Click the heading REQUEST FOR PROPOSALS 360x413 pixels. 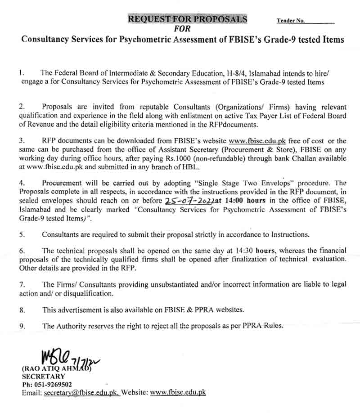click(x=188, y=19)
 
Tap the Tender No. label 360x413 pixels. click(x=291, y=21)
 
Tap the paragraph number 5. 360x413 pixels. click(x=22, y=234)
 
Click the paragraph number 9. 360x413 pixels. click(x=22, y=326)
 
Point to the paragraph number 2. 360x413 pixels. click(x=22, y=107)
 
